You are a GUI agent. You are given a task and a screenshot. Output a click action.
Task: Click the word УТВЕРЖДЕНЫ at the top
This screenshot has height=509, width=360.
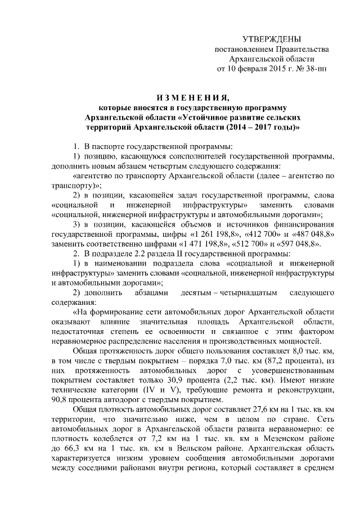click(x=271, y=39)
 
